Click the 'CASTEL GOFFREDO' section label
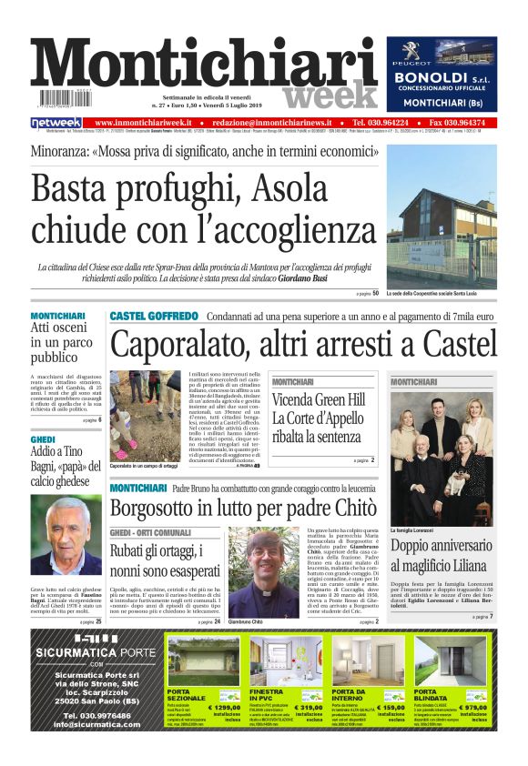[x=153, y=316]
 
